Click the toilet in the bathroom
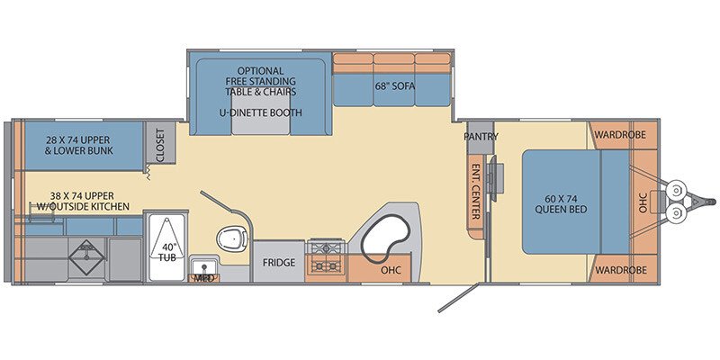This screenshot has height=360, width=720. coord(232,238)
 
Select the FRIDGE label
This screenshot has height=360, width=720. coord(279,263)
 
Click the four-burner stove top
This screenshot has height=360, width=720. coord(326,256)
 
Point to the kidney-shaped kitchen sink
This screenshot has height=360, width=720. coord(386,237)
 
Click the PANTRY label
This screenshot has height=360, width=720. coord(481,137)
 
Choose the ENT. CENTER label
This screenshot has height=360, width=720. coord(476,192)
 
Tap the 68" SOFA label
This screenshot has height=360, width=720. coord(394,86)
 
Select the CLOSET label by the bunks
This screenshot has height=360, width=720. coord(160,145)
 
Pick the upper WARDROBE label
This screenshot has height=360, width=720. coord(620,135)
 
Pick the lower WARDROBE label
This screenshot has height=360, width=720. coord(621,270)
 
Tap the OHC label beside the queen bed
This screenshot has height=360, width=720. coord(643,202)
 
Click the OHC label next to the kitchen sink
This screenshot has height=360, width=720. coord(391,270)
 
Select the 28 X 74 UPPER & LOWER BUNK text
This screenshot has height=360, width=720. coord(78,145)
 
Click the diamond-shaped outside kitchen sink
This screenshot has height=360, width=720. coord(86,257)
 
